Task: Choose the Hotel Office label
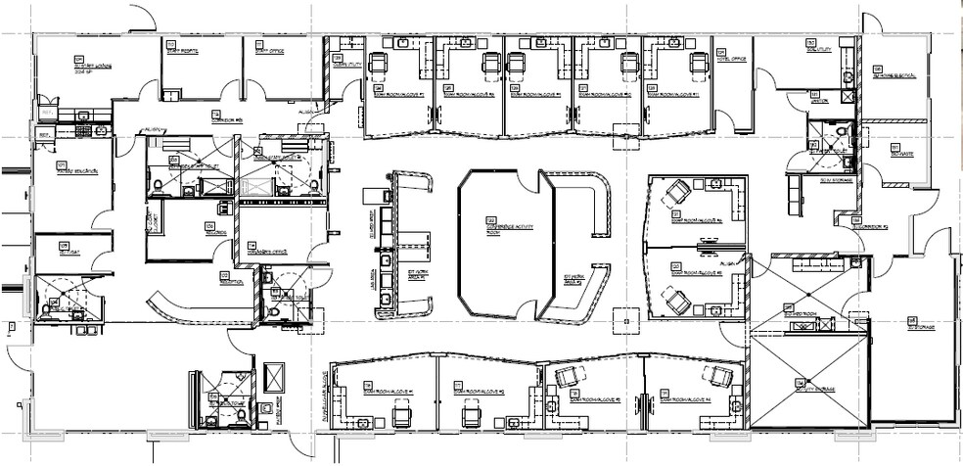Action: coord(732,59)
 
